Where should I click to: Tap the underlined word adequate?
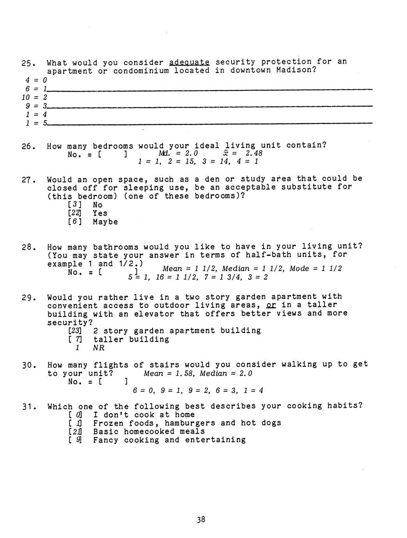point(189,62)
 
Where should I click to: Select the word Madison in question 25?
point(294,71)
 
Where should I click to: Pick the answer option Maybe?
point(105,222)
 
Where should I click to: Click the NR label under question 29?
point(99,348)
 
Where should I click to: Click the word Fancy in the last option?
point(106,440)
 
